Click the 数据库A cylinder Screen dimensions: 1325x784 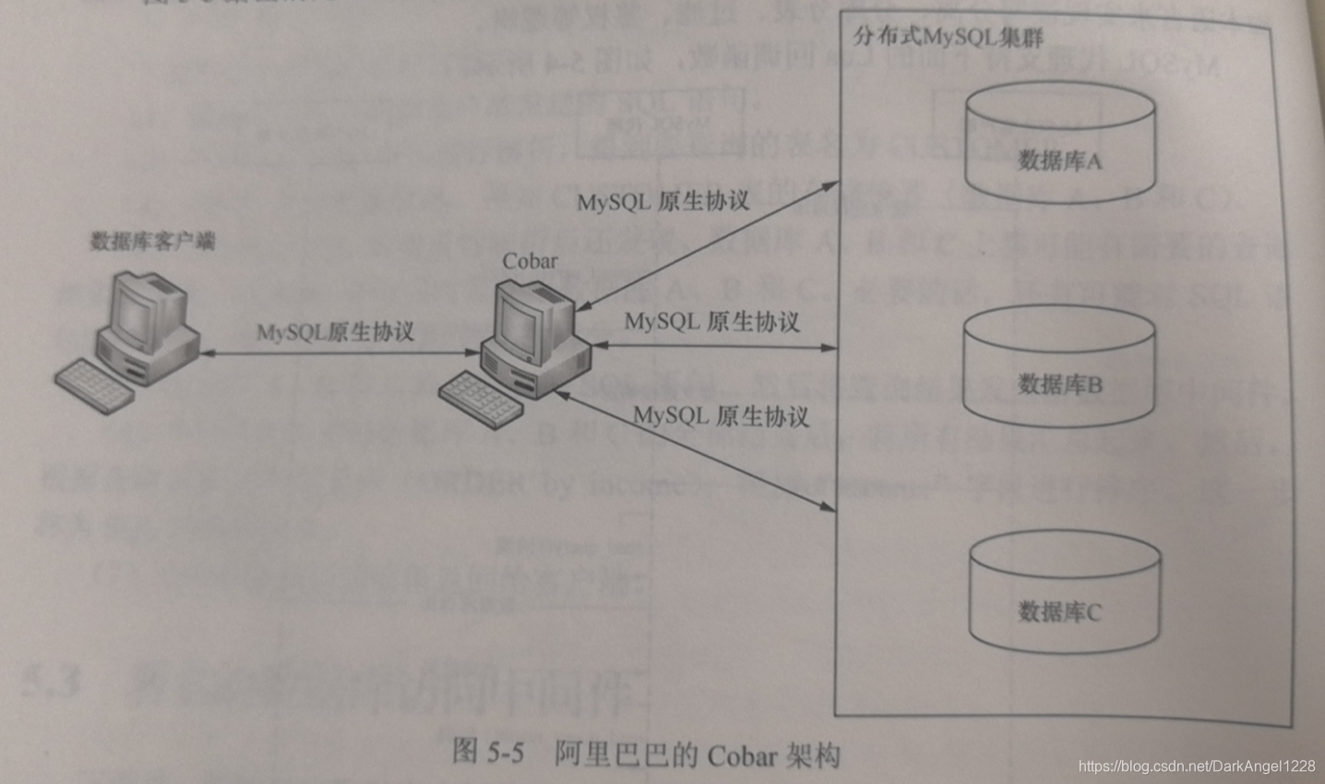[x=1059, y=148]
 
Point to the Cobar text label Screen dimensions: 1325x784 [x=530, y=260]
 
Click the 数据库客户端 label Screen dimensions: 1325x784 [x=152, y=242]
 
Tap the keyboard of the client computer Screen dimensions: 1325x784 [x=94, y=382]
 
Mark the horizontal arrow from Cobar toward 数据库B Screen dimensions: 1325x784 [x=715, y=347]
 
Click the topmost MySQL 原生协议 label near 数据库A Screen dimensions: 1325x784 [x=662, y=200]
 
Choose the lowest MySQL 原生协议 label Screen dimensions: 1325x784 [x=721, y=416]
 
